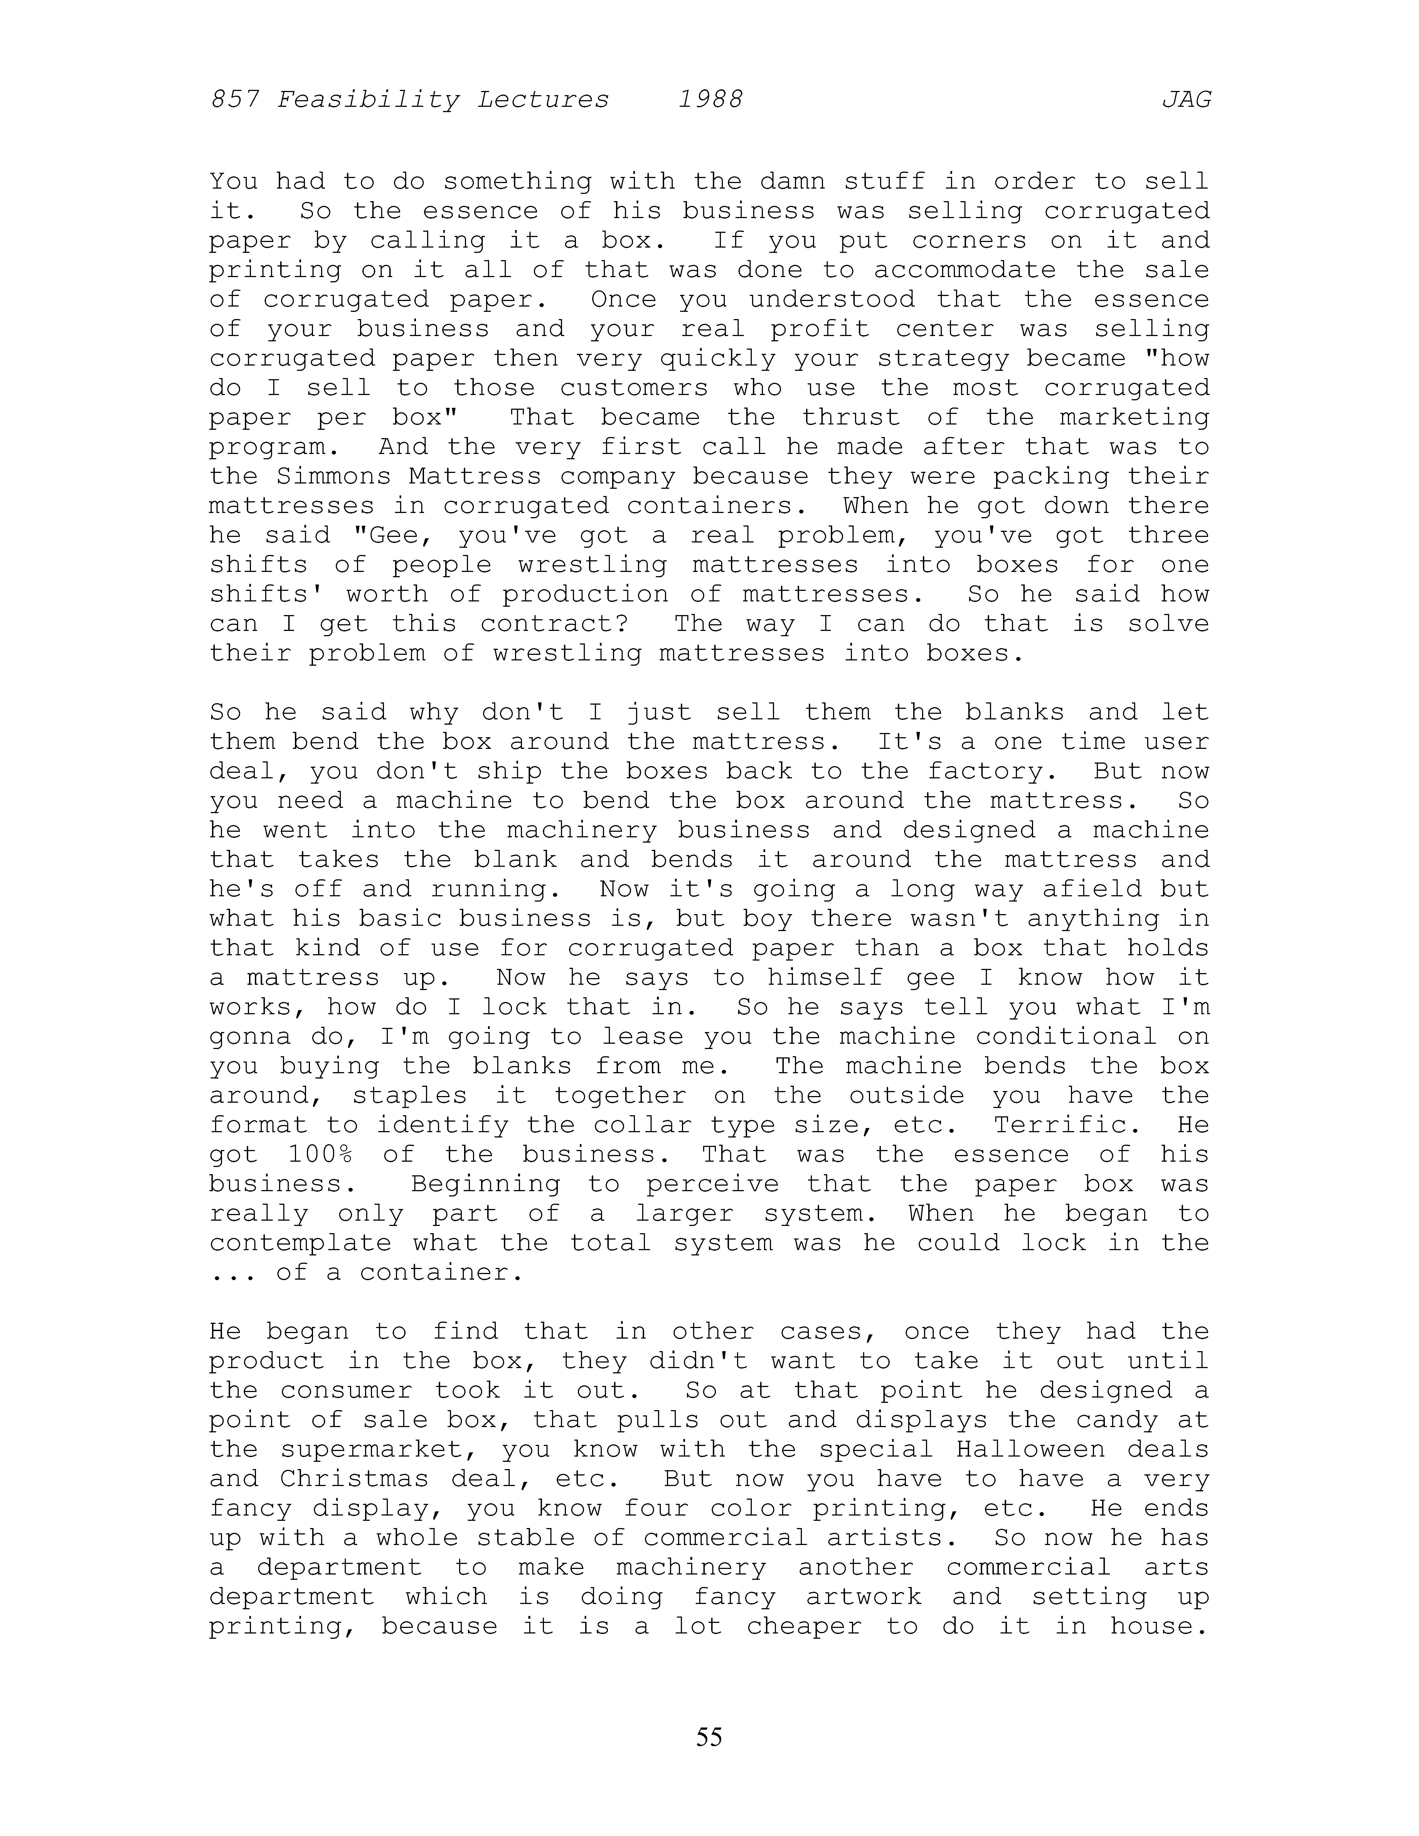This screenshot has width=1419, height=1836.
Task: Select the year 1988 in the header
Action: point(710,100)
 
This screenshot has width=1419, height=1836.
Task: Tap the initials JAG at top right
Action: point(1186,100)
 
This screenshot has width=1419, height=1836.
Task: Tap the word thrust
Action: point(851,418)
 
